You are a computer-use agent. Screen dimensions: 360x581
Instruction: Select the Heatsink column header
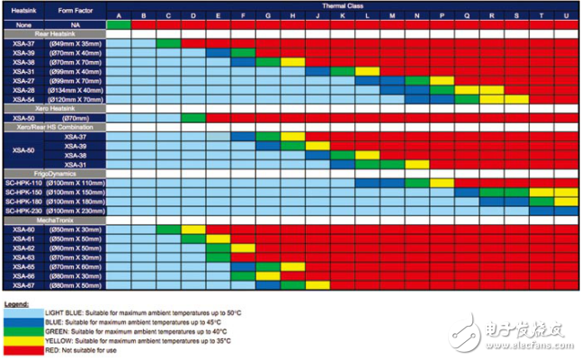coord(24,11)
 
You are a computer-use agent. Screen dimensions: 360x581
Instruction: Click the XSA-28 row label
coord(24,90)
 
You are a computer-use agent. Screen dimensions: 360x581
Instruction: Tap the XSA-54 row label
coord(24,99)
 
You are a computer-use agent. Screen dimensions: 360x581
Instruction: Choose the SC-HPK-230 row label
coord(24,211)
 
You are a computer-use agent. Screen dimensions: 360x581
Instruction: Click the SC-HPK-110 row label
coord(24,183)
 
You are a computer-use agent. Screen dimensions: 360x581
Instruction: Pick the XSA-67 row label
coord(24,285)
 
